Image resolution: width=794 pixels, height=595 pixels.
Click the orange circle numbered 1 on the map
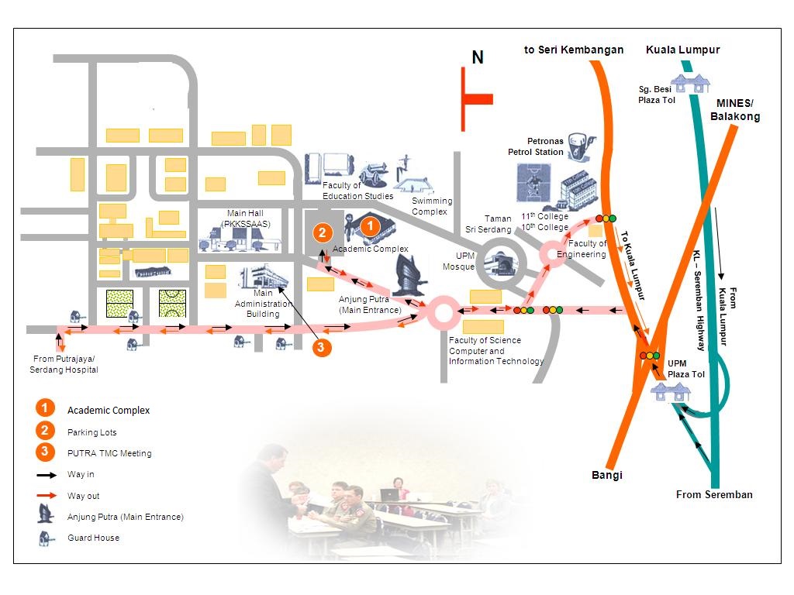coord(370,226)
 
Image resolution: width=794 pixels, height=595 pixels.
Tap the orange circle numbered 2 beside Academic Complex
coord(323,232)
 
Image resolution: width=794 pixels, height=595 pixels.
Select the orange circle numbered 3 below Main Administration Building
coord(323,347)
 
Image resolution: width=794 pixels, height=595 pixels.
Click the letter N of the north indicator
coord(478,57)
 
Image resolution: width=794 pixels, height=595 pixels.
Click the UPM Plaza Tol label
coord(686,369)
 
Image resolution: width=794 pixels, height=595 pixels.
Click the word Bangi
coord(607,475)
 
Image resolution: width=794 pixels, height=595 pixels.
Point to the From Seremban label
coord(714,494)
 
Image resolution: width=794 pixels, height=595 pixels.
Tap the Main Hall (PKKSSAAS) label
coord(247,218)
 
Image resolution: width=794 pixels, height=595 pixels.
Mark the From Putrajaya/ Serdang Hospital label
coord(64,364)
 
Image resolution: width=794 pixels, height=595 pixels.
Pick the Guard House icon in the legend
coord(46,538)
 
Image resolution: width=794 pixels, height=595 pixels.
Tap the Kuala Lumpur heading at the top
coord(682,50)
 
